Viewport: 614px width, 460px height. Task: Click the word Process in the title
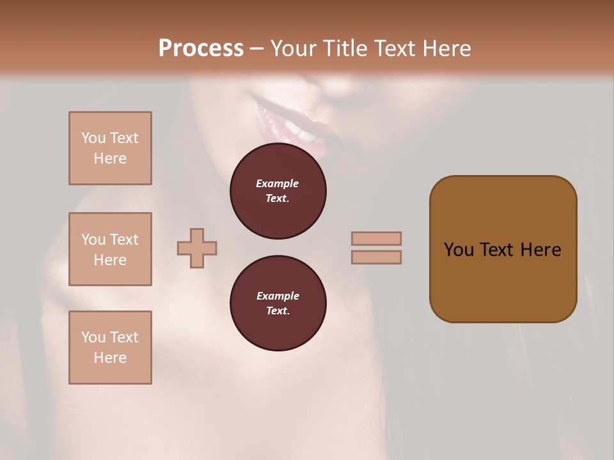tap(201, 48)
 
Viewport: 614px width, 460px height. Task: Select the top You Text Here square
tap(110, 148)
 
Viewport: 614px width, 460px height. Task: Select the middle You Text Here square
tap(110, 249)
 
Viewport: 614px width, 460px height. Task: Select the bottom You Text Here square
tap(110, 348)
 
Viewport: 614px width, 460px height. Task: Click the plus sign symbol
tap(197, 248)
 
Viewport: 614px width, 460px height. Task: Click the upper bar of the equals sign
tap(376, 238)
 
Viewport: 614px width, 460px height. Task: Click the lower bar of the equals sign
tap(376, 257)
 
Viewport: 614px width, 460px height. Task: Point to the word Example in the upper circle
tap(278, 183)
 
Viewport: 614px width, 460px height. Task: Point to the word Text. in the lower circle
tap(278, 310)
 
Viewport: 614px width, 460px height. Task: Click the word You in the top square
tap(93, 138)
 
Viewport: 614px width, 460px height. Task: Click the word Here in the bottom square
tap(110, 358)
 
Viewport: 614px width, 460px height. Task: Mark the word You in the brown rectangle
tap(459, 250)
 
